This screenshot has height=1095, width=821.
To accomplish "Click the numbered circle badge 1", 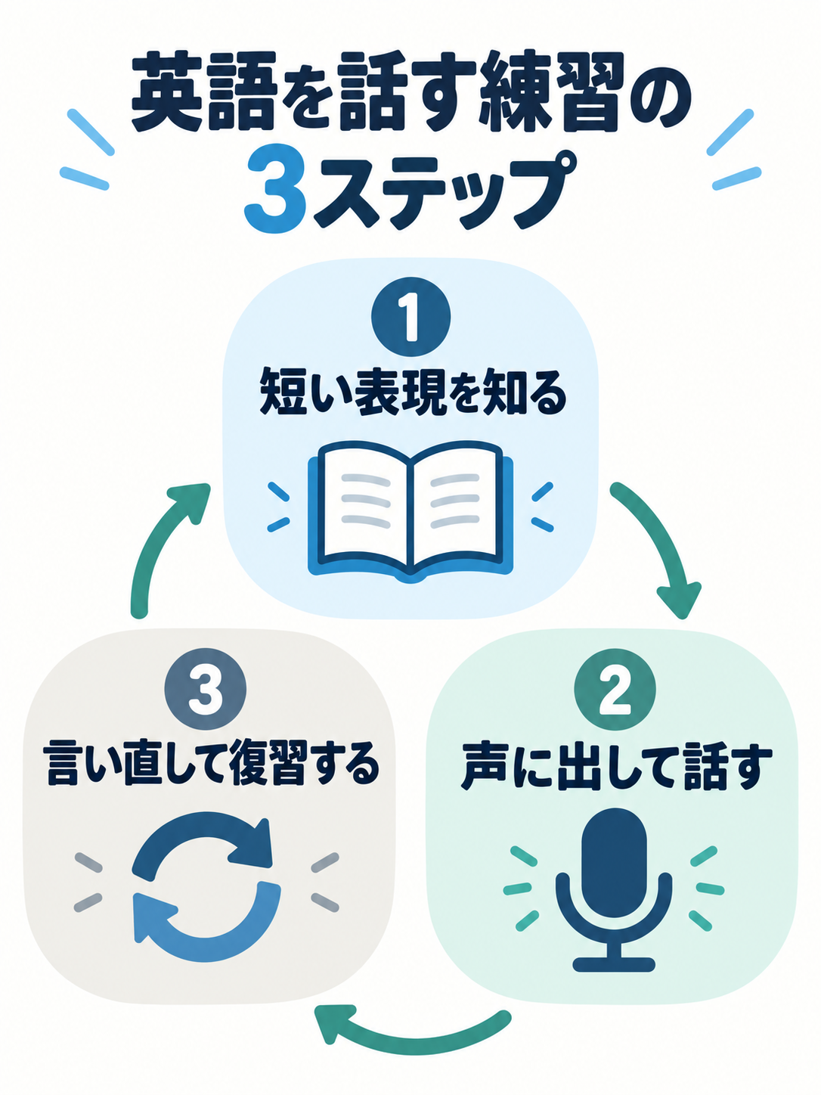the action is [x=410, y=318].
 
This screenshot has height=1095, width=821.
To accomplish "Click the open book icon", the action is [x=410, y=511].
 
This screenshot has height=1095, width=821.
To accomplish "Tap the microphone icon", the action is [x=614, y=891].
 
